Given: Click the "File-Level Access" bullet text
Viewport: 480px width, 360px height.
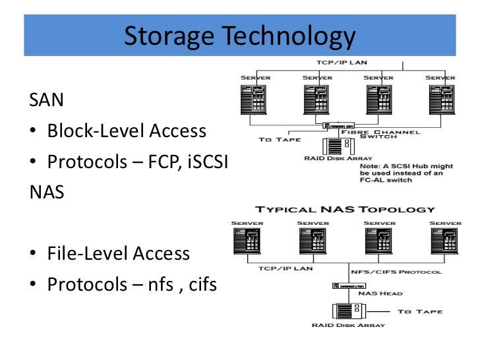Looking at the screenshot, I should [119, 254].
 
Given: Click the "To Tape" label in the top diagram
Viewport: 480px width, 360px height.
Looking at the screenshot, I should [280, 139].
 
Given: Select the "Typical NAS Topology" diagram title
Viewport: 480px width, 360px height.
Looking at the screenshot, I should [345, 210].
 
